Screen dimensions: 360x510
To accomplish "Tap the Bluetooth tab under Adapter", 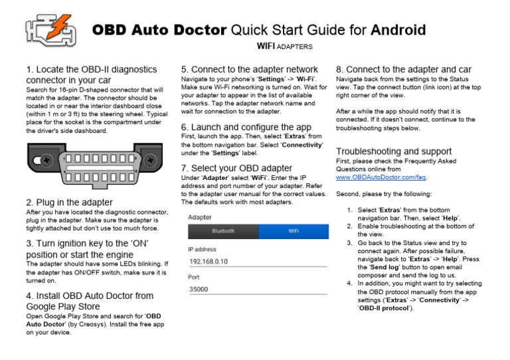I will [223, 231].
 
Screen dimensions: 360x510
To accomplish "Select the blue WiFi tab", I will [293, 231].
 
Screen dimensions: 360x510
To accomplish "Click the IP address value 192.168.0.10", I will [209, 261].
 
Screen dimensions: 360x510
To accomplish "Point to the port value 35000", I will [199, 290].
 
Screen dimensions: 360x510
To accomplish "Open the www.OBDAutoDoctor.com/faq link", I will [381, 177].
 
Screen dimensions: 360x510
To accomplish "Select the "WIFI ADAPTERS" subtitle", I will [284, 46].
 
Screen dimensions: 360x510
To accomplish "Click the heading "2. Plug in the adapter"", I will [69, 202].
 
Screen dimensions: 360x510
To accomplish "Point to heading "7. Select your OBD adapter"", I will [236, 168].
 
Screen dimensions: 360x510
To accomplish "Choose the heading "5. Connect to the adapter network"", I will [250, 69].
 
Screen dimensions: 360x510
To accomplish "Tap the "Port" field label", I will [194, 277].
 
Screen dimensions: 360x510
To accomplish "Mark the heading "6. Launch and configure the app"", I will [246, 127].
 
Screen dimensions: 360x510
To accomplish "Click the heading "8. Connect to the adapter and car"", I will [404, 69].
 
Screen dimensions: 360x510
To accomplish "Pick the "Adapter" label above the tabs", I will [200, 217].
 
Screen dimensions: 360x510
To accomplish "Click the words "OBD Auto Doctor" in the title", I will [159, 30].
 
